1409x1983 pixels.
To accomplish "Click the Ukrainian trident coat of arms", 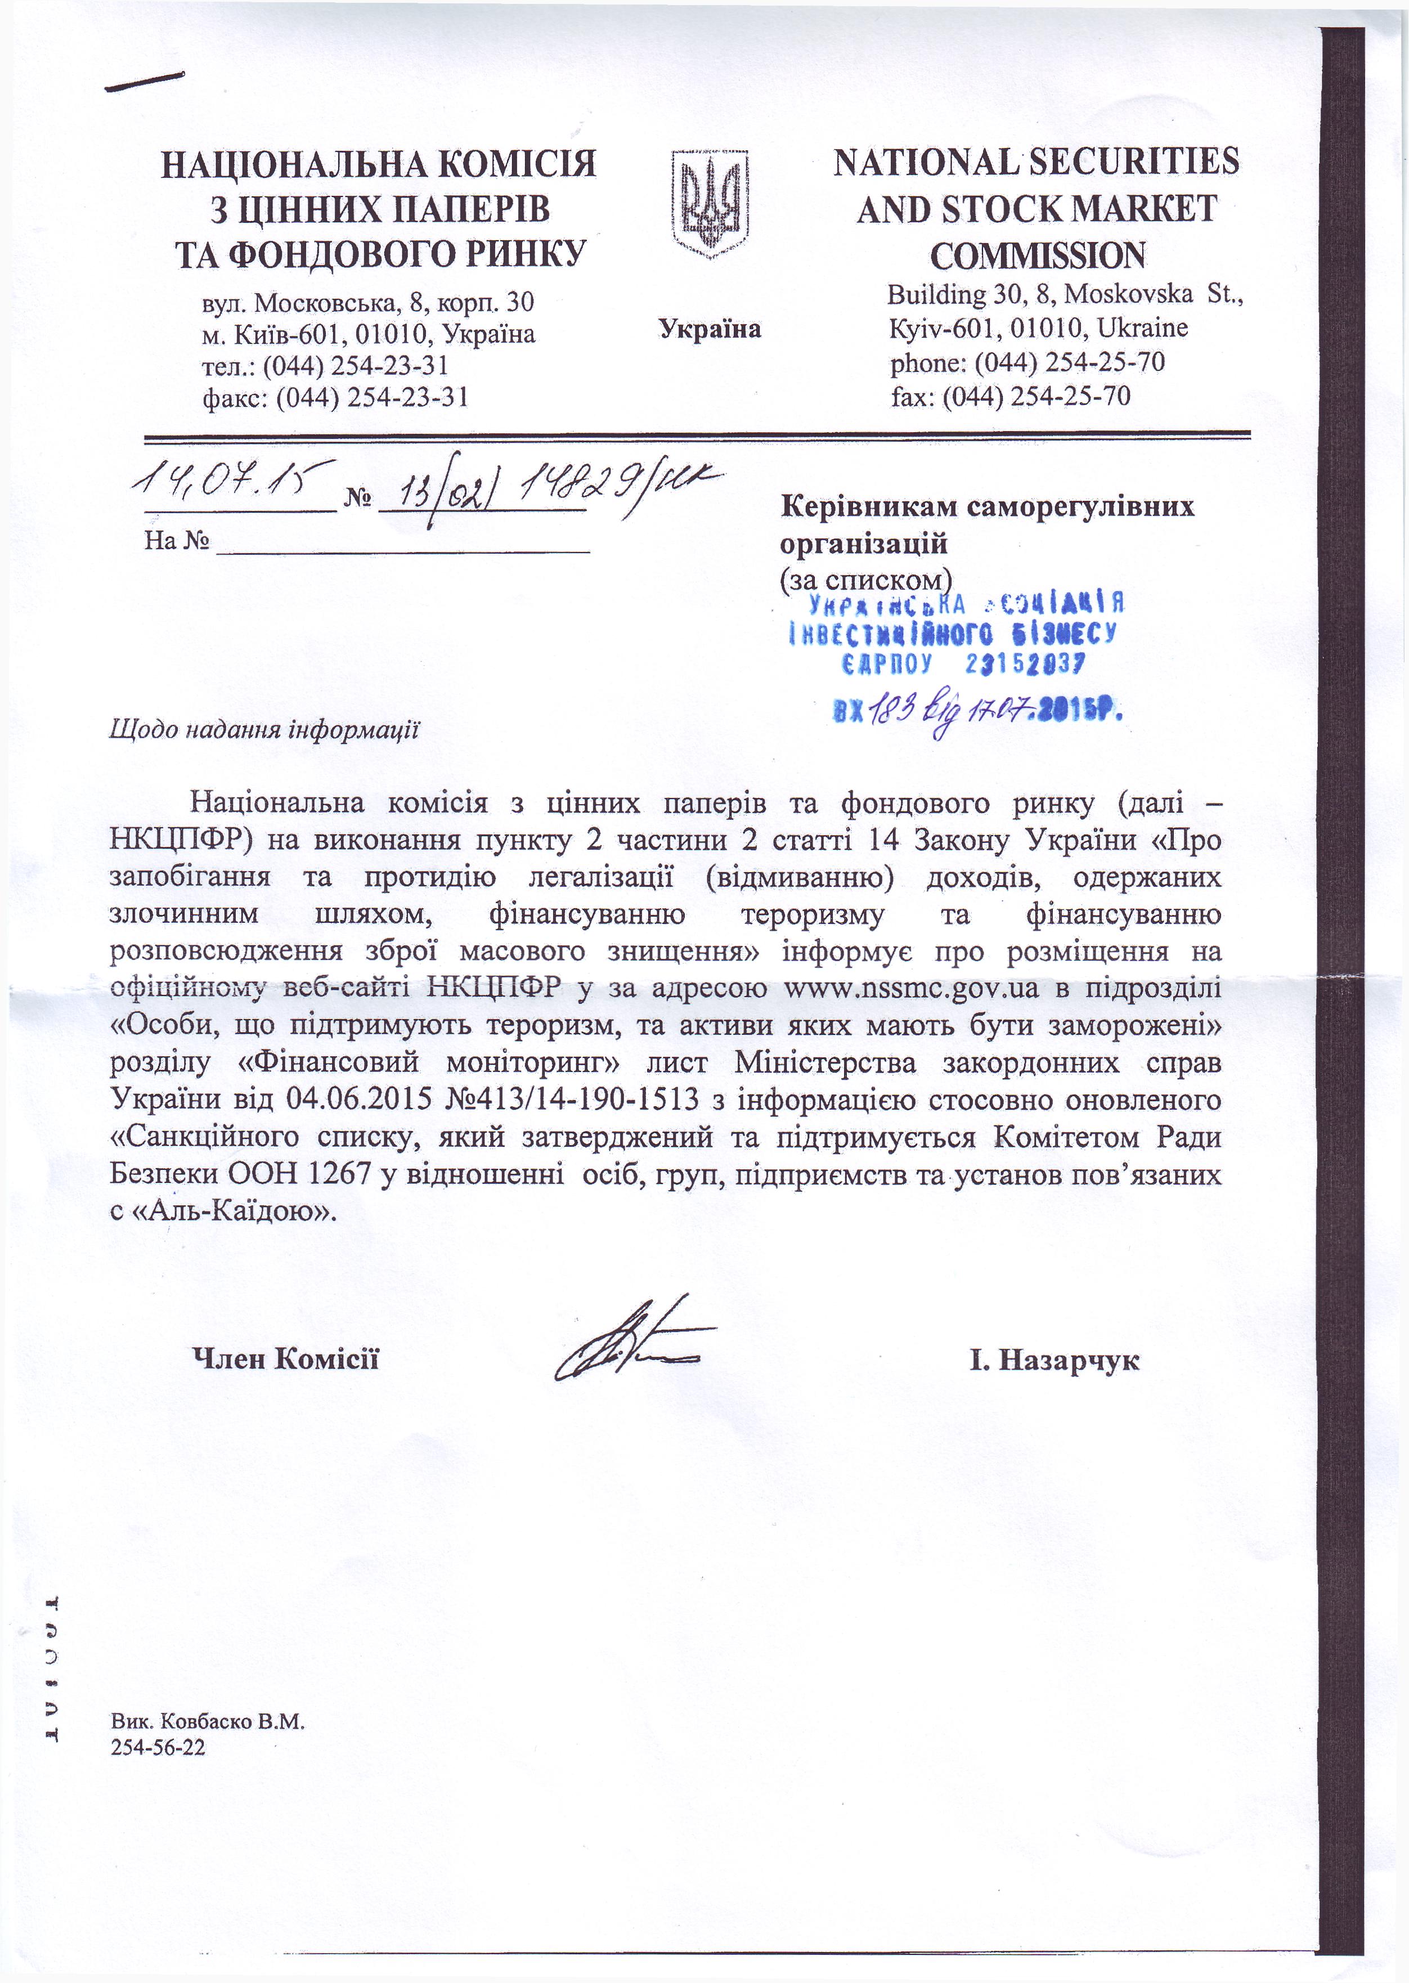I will click(x=710, y=203).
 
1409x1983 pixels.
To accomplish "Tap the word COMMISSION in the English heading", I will click(x=1037, y=256).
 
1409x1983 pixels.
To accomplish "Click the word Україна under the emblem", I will click(x=709, y=329).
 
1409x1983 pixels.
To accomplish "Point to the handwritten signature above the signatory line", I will click(x=634, y=1340).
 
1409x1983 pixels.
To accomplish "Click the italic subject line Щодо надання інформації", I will click(x=264, y=729).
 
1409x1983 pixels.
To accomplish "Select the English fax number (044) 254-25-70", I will click(x=1036, y=396).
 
